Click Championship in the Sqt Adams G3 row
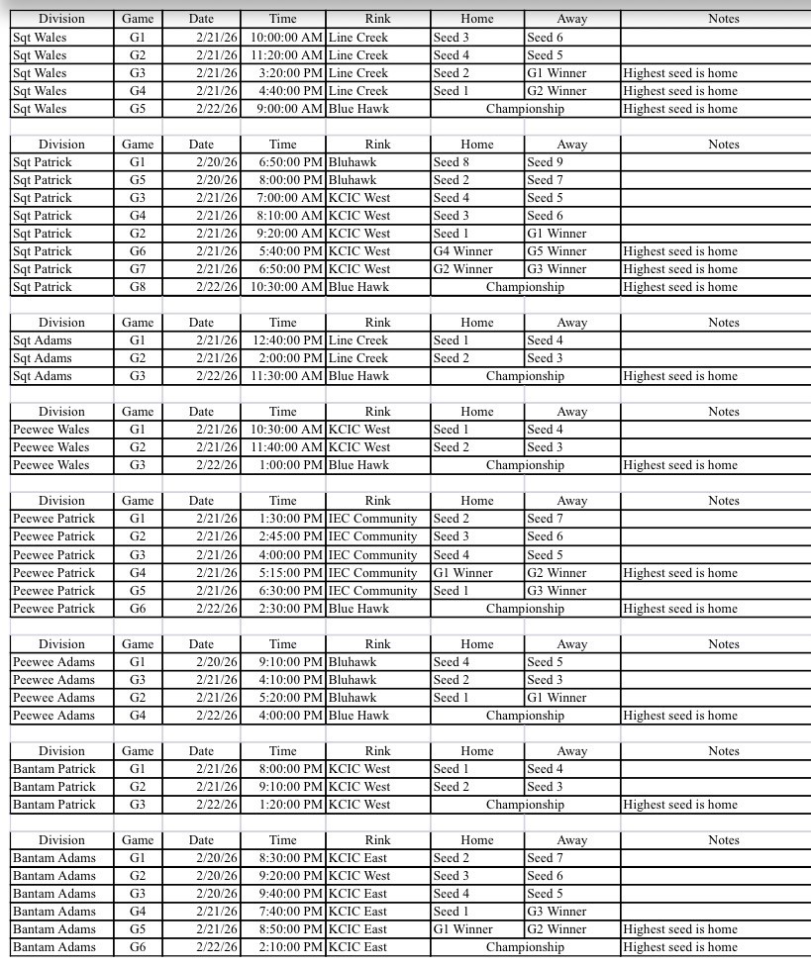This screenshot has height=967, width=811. point(525,376)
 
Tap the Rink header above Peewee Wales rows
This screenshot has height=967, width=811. point(377,412)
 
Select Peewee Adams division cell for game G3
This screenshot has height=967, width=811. point(53,680)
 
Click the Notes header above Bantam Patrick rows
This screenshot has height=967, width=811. point(724,751)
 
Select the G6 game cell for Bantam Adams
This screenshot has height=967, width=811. point(137,947)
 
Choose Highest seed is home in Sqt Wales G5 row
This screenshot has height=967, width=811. point(680,109)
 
